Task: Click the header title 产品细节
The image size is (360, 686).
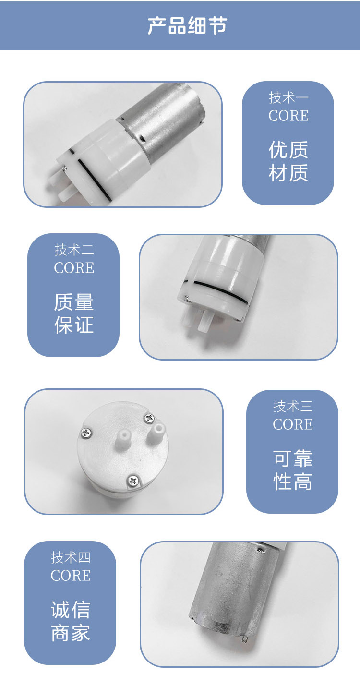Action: click(187, 25)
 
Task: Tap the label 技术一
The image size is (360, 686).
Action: click(288, 97)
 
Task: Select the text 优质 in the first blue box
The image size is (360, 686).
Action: click(288, 150)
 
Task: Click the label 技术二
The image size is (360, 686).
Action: click(74, 250)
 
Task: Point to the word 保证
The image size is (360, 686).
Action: click(74, 325)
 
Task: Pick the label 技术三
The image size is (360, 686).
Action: click(293, 406)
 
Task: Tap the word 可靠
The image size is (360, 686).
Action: click(293, 458)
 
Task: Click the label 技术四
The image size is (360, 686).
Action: click(71, 557)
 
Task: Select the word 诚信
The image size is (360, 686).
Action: click(71, 610)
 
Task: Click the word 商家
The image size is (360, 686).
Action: click(71, 633)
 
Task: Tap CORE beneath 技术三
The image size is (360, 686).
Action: click(293, 424)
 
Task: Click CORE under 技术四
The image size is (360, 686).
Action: click(71, 576)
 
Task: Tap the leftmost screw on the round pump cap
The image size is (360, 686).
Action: click(86, 433)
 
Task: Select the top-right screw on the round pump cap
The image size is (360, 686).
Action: click(149, 418)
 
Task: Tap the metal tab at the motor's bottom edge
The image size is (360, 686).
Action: click(245, 639)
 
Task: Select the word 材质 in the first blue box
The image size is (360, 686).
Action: click(288, 173)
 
